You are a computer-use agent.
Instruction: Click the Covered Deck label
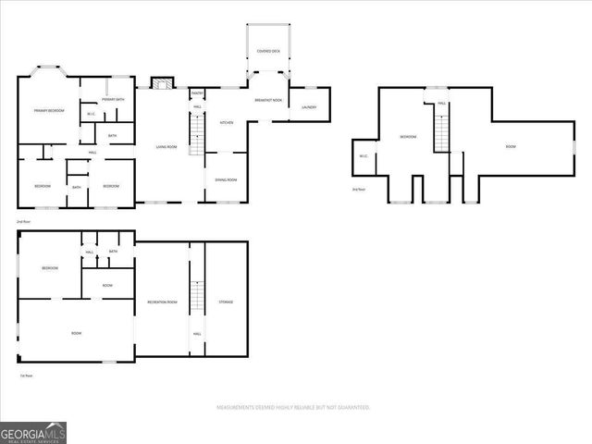point(269,51)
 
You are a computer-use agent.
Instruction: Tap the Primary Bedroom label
point(49,111)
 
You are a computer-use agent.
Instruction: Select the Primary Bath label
point(114,99)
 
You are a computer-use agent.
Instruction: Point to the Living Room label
point(166,147)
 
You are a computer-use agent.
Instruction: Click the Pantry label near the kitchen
point(197,93)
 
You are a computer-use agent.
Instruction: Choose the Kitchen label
point(226,122)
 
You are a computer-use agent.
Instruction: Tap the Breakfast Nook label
point(268,99)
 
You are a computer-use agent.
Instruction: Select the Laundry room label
point(309,107)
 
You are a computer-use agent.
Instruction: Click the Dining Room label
point(226,179)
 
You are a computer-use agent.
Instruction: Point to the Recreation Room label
point(162,302)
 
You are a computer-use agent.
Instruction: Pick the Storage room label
point(226,302)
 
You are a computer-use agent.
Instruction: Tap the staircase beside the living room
point(195,141)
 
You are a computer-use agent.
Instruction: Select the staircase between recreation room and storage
point(195,297)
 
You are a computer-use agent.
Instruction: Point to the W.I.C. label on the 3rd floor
point(363,155)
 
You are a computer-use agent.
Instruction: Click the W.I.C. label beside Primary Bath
point(91,115)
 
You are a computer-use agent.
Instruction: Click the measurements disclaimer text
point(293,407)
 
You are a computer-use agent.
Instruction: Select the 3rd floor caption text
point(359,190)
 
